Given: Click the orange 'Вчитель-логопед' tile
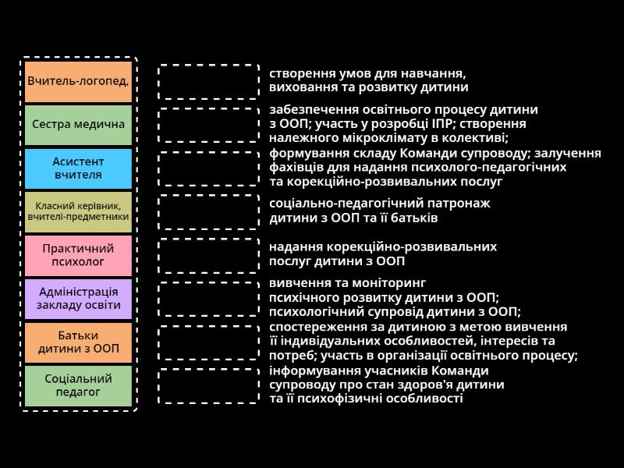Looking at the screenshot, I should click(78, 82).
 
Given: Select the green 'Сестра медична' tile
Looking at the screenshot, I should click(78, 125).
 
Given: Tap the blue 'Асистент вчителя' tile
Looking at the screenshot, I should click(78, 168).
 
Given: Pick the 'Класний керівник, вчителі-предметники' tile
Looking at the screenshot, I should click(78, 211).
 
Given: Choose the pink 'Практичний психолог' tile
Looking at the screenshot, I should click(78, 255).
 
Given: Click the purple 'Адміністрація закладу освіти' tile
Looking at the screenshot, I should click(78, 299).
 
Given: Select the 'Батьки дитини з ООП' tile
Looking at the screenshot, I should click(78, 342).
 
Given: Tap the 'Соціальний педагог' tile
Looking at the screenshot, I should click(78, 385).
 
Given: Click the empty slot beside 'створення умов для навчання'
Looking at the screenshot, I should click(208, 81).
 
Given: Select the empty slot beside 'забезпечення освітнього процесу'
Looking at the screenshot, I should click(208, 125).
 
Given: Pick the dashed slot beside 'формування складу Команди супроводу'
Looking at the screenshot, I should click(208, 168).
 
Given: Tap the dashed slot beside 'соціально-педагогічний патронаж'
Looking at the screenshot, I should click(208, 211).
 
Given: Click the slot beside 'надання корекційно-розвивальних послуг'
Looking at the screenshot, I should click(208, 255).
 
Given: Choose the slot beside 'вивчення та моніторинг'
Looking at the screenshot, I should click(208, 299).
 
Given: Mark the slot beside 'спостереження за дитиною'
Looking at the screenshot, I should click(208, 342).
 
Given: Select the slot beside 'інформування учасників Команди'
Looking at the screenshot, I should click(208, 385).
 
